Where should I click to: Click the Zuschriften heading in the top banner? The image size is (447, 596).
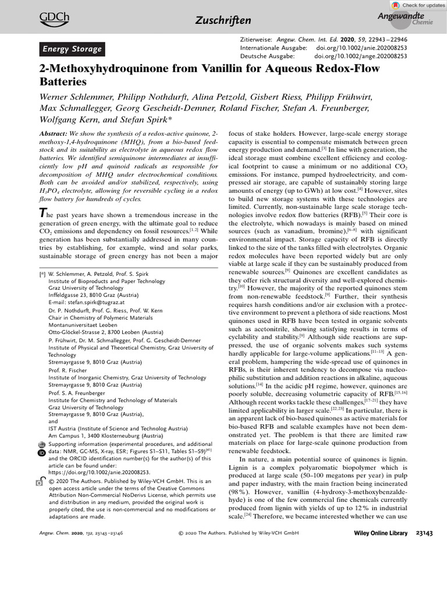pos(223,21)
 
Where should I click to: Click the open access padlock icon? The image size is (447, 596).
pos(40,483)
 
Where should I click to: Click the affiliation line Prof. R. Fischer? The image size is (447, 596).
pos(68,370)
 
